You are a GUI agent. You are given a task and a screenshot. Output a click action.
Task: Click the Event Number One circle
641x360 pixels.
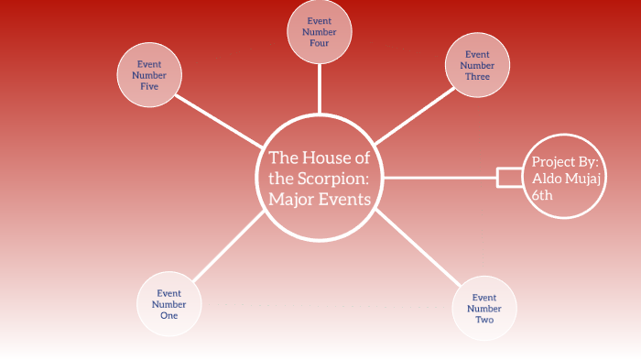click(x=169, y=303)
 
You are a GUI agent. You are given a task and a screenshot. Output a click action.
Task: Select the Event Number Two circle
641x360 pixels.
click(x=484, y=309)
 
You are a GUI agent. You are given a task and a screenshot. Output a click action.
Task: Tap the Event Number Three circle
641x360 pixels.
click(x=477, y=65)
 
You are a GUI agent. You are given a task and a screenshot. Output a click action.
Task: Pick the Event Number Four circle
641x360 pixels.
click(x=319, y=32)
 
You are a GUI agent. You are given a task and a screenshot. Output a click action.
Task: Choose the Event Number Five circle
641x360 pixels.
click(x=150, y=75)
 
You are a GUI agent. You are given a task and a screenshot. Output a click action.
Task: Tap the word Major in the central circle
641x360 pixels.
click(x=292, y=198)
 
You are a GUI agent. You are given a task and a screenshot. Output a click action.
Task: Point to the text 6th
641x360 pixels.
click(x=543, y=194)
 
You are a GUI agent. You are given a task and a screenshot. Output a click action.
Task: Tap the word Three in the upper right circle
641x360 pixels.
click(x=477, y=77)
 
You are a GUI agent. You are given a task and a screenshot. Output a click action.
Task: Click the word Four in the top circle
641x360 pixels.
click(x=319, y=43)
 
